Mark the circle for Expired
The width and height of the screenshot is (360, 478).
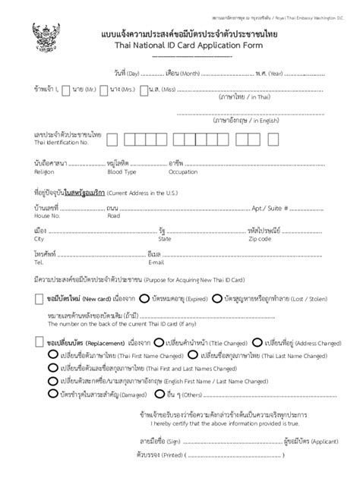click(x=145, y=300)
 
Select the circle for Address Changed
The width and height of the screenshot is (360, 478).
click(x=257, y=342)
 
